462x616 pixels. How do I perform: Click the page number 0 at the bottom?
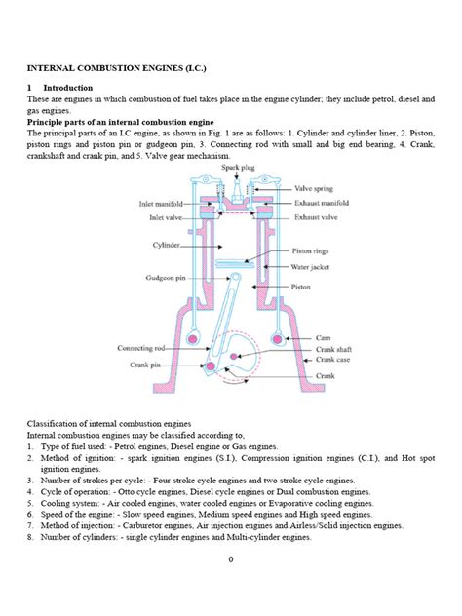[x=230, y=558]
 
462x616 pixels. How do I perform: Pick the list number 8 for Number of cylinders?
[x=30, y=536]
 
